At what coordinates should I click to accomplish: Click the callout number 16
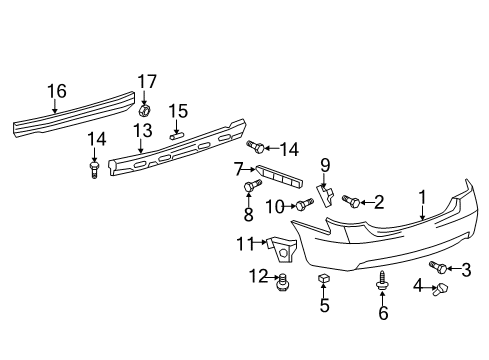point(55,91)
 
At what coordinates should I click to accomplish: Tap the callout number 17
point(147,81)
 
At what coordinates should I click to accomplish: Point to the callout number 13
point(144,132)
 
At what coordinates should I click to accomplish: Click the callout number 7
point(238,169)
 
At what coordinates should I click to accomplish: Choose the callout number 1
point(422,198)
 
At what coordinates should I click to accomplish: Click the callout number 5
point(324,306)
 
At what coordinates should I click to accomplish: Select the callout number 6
point(383,313)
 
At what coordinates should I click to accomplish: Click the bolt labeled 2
point(352,202)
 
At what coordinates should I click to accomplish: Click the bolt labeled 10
point(298,206)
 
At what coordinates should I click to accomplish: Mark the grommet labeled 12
point(284,281)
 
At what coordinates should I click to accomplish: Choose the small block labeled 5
point(324,279)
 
